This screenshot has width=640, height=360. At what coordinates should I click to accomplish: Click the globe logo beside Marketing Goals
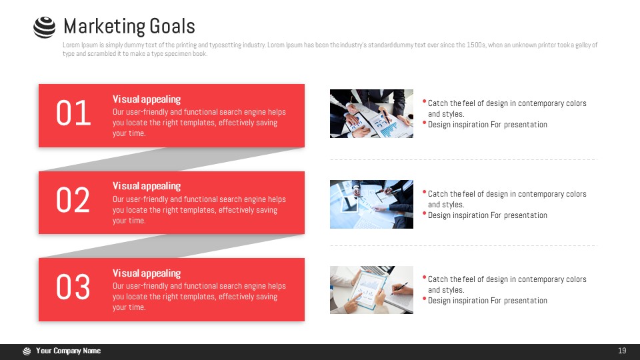pos(45,27)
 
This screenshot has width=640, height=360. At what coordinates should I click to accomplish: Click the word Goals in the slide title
pos(172,27)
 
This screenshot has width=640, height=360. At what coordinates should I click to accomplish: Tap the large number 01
pos(73,113)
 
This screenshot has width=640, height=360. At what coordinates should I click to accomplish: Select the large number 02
pos(73,200)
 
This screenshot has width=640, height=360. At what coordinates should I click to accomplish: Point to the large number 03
pos(73,287)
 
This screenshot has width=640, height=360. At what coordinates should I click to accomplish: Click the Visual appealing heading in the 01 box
pos(147,99)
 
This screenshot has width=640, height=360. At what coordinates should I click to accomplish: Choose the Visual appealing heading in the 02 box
pos(147,186)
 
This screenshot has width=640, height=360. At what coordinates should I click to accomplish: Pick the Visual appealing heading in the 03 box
pos(147,273)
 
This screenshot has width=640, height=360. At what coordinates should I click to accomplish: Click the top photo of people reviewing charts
pos(371,113)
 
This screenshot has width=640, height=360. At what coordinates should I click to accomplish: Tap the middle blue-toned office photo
pos(371,204)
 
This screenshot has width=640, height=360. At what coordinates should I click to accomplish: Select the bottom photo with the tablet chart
pos(371,290)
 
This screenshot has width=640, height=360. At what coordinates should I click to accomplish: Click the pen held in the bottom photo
pos(399,288)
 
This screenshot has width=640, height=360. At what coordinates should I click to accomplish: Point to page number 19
pos(622,351)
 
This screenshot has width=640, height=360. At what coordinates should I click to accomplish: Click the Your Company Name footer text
pos(68,351)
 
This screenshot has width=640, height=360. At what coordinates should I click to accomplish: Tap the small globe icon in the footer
pos(27,351)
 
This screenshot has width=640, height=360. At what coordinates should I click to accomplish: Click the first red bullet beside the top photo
pos(425,101)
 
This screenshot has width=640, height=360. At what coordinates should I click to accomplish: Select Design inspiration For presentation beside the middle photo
pos(487,215)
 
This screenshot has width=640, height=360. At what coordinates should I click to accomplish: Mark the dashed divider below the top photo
pos(464,159)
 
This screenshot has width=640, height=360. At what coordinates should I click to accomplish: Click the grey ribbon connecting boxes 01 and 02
pos(171,159)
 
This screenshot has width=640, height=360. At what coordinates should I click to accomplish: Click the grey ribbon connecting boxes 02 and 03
pos(171,246)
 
